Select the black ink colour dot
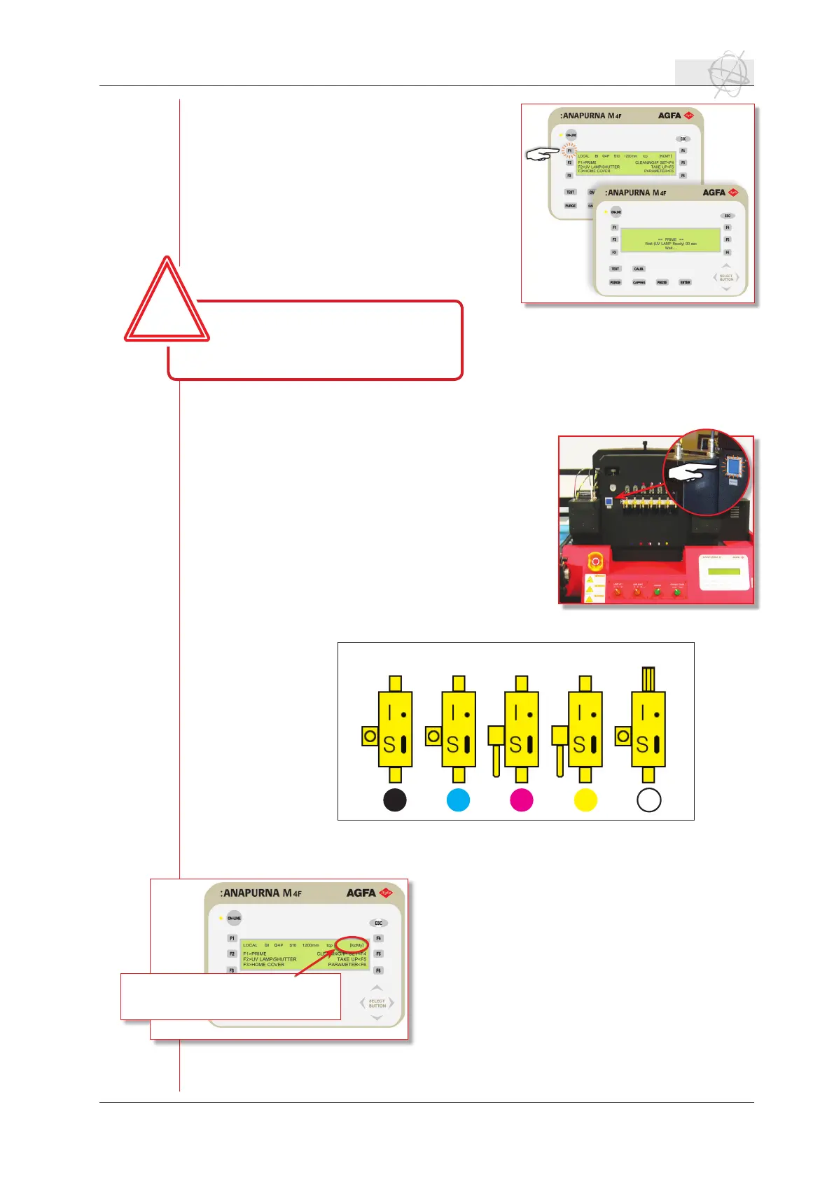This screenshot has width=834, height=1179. pos(395,800)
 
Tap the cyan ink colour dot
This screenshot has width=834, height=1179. pos(458,800)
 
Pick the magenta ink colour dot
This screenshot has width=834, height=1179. pos(522,800)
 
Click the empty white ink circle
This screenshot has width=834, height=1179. pos(649,800)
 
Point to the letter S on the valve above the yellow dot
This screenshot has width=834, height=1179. pos(579,744)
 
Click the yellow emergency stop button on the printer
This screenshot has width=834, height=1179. pos(596,560)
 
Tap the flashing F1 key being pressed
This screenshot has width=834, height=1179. pos(569,151)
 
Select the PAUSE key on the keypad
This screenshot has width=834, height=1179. pos(662,282)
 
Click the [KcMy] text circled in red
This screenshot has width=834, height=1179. pos(356,944)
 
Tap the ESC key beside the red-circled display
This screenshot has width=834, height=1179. pos(378,923)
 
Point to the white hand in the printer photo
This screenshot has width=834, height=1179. pos(690,474)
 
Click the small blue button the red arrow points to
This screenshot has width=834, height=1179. pos(609,501)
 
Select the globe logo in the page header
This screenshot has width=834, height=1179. pos(725,73)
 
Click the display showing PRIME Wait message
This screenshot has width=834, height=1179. pos(670,240)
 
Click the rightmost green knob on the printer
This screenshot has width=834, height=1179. pos(677,592)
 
